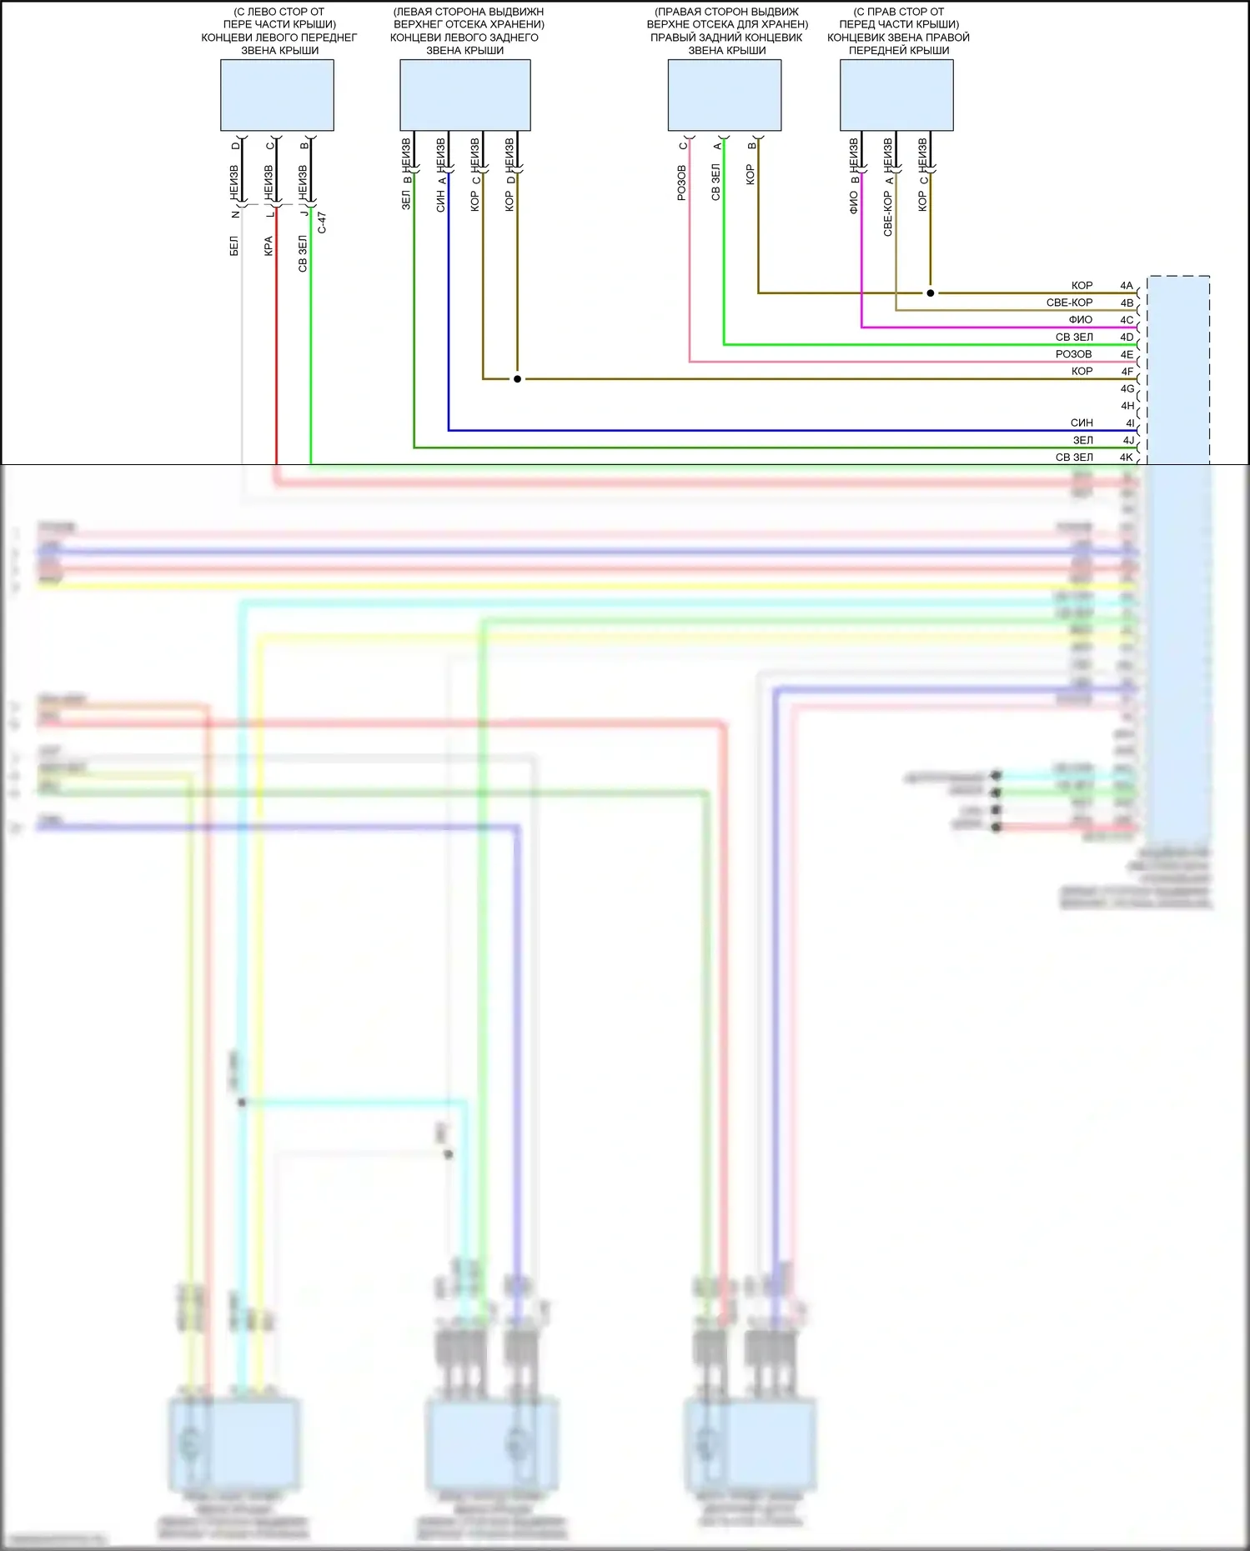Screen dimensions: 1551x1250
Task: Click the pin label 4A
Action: pyautogui.click(x=1127, y=286)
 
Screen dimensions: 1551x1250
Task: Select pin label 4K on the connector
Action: pyautogui.click(x=1127, y=458)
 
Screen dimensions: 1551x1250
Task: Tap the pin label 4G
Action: pyautogui.click(x=1127, y=389)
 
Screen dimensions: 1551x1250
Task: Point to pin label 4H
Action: pyautogui.click(x=1127, y=406)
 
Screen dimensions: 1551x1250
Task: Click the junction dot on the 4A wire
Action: pyautogui.click(x=931, y=293)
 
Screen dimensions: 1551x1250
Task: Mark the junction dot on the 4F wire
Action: pyautogui.click(x=517, y=379)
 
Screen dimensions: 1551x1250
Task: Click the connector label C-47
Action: pyautogui.click(x=322, y=223)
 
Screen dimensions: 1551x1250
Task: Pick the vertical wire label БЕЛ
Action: pyautogui.click(x=234, y=246)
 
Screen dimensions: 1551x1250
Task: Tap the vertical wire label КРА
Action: pyautogui.click(x=269, y=246)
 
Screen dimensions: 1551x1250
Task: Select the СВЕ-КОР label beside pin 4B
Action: pyautogui.click(x=1069, y=303)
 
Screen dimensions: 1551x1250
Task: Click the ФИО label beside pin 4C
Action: pyautogui.click(x=1080, y=320)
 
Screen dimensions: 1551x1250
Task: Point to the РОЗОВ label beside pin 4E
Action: pyautogui.click(x=1073, y=354)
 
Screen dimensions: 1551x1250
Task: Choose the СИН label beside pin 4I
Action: pyautogui.click(x=1082, y=423)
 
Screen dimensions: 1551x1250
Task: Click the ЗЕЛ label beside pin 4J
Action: pyautogui.click(x=1082, y=441)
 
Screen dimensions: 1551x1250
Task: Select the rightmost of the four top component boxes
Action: pyautogui.click(x=896, y=95)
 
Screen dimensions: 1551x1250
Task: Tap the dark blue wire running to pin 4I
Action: pyautogui.click(x=751, y=431)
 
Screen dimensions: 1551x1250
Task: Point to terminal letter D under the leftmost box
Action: pyautogui.click(x=236, y=146)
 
